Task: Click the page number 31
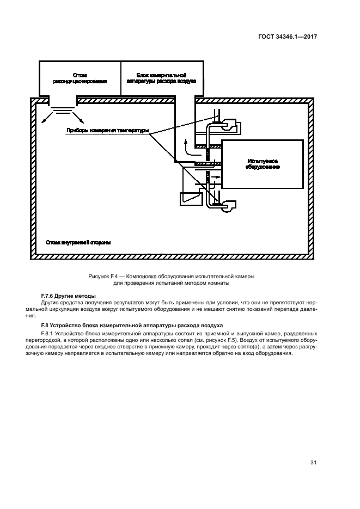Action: click(313, 463)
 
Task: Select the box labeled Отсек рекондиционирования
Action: click(80, 77)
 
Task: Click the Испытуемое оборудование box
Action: click(263, 164)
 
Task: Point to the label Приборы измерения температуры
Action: click(107, 131)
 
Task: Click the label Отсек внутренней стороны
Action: click(78, 242)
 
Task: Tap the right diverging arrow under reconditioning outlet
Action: click(81, 119)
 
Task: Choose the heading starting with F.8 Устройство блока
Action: click(121, 325)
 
